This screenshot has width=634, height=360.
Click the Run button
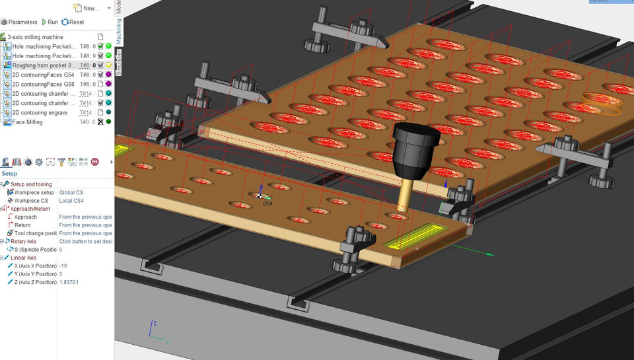[x=50, y=22]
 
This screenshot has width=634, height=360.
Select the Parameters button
[x=19, y=22]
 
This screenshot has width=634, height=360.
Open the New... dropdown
[x=87, y=8]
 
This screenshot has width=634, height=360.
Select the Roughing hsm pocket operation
[x=44, y=65]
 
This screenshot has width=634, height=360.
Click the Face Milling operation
[x=27, y=122]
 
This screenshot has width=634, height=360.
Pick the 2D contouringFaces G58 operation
[x=43, y=85]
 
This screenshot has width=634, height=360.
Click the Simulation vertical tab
[x=119, y=62]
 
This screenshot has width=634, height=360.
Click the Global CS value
[x=71, y=192]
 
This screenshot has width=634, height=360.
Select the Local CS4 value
[x=71, y=201]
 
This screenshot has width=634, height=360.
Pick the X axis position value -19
[x=63, y=266]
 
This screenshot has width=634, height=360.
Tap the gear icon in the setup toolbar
[x=39, y=162]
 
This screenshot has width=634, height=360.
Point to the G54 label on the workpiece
[x=267, y=203]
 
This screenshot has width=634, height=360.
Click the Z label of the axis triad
[x=154, y=324]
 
